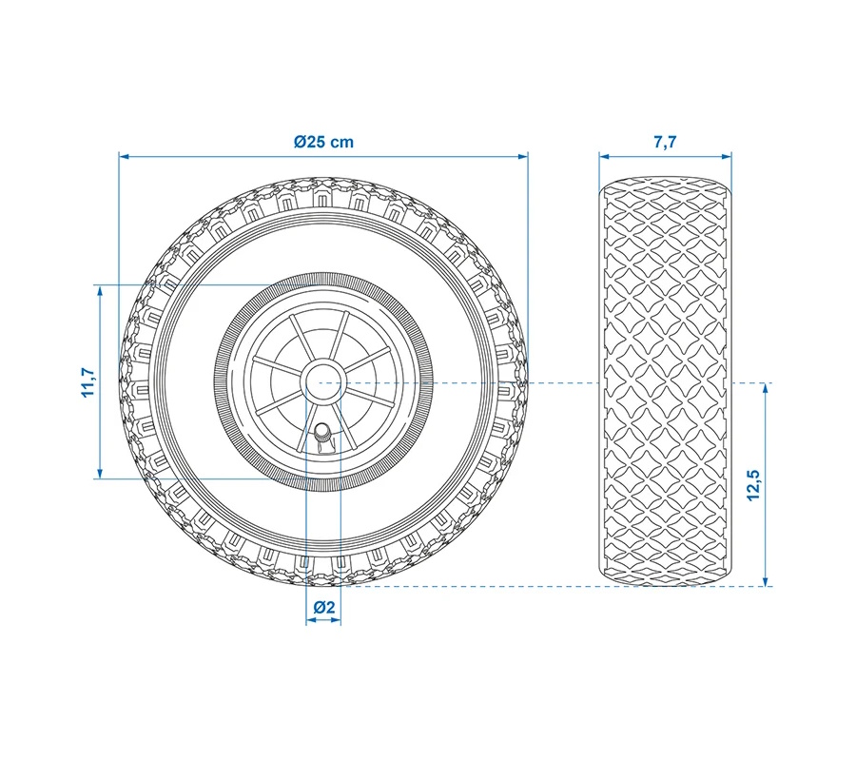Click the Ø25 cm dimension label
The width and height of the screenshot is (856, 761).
(323, 142)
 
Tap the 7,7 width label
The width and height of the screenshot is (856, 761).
(665, 142)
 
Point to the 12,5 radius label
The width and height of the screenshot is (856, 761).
(753, 485)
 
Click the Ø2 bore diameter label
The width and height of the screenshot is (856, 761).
(324, 607)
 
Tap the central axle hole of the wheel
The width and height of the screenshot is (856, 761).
(323, 382)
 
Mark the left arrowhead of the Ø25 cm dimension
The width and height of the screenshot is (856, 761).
(124, 157)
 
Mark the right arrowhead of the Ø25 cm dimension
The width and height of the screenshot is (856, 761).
(523, 157)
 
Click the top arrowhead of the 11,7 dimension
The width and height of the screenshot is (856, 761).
(100, 290)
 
